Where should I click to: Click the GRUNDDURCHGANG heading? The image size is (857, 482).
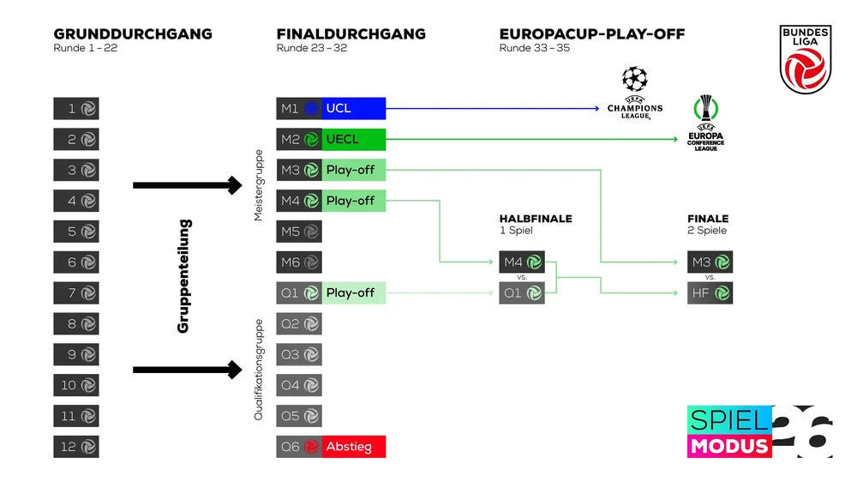click(133, 34)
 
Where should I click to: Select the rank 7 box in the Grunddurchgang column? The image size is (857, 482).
click(76, 292)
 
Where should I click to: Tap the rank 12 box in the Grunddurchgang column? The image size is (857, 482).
click(76, 447)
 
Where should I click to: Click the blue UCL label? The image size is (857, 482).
click(354, 108)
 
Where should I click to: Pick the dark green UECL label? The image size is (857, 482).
click(354, 139)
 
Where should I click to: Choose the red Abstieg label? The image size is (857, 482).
click(354, 447)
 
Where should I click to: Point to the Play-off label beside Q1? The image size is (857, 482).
click(354, 292)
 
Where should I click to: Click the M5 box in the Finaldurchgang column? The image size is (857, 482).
click(299, 232)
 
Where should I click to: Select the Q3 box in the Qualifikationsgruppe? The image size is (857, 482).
click(299, 354)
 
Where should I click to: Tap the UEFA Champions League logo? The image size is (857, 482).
click(634, 93)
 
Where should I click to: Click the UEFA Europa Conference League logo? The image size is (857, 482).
click(705, 124)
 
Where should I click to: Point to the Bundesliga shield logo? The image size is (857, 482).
click(806, 59)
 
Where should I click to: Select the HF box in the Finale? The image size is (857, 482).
click(710, 293)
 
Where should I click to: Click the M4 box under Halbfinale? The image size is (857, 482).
click(522, 262)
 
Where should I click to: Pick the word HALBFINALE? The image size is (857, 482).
click(536, 219)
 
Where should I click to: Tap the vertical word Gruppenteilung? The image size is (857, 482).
click(183, 276)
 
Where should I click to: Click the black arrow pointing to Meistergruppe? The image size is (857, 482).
click(188, 185)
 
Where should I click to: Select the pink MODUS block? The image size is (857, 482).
click(729, 446)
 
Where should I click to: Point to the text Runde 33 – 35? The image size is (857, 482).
click(535, 48)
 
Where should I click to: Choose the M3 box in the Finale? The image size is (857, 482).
click(710, 262)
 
